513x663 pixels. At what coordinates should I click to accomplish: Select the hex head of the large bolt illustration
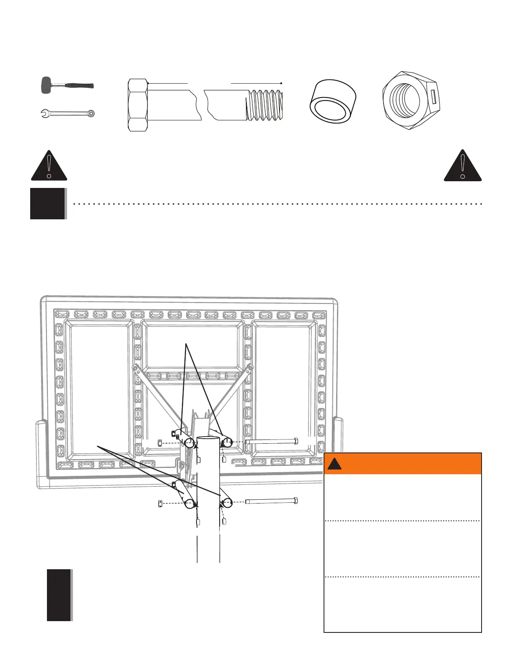[x=138, y=105]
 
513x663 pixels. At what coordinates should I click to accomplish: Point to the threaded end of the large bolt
[x=265, y=105]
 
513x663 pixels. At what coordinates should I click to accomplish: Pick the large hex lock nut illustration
[x=410, y=100]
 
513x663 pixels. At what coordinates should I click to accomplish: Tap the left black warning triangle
[x=49, y=166]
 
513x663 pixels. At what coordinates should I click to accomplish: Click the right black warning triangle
[x=463, y=166]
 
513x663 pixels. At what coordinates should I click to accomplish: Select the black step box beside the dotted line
[x=48, y=203]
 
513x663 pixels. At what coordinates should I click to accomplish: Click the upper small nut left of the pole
[x=160, y=443]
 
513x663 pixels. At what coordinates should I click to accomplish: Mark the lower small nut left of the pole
[x=160, y=504]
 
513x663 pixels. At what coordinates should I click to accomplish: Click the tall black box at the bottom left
[x=59, y=595]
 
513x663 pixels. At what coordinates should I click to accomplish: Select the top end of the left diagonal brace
[x=135, y=368]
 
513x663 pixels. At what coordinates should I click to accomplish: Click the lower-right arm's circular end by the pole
[x=228, y=503]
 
